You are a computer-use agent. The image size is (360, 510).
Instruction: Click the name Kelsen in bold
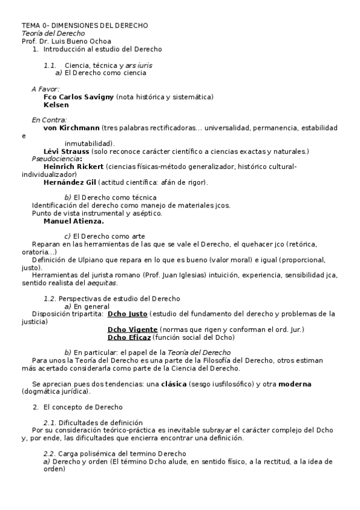point(56,105)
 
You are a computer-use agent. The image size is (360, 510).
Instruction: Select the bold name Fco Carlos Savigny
point(78,97)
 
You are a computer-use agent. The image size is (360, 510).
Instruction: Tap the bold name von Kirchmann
point(72,128)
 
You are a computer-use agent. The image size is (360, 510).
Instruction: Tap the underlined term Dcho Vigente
point(132,330)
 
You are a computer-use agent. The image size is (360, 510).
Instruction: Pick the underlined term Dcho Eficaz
point(129,337)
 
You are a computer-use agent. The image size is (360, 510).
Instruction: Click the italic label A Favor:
point(46,89)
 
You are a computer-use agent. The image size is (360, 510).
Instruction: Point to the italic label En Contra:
point(49,120)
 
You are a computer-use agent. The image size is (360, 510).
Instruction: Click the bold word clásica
point(174,384)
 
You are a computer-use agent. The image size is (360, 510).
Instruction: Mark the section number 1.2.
point(50,299)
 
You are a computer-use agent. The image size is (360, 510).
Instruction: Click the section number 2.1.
point(50,423)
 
